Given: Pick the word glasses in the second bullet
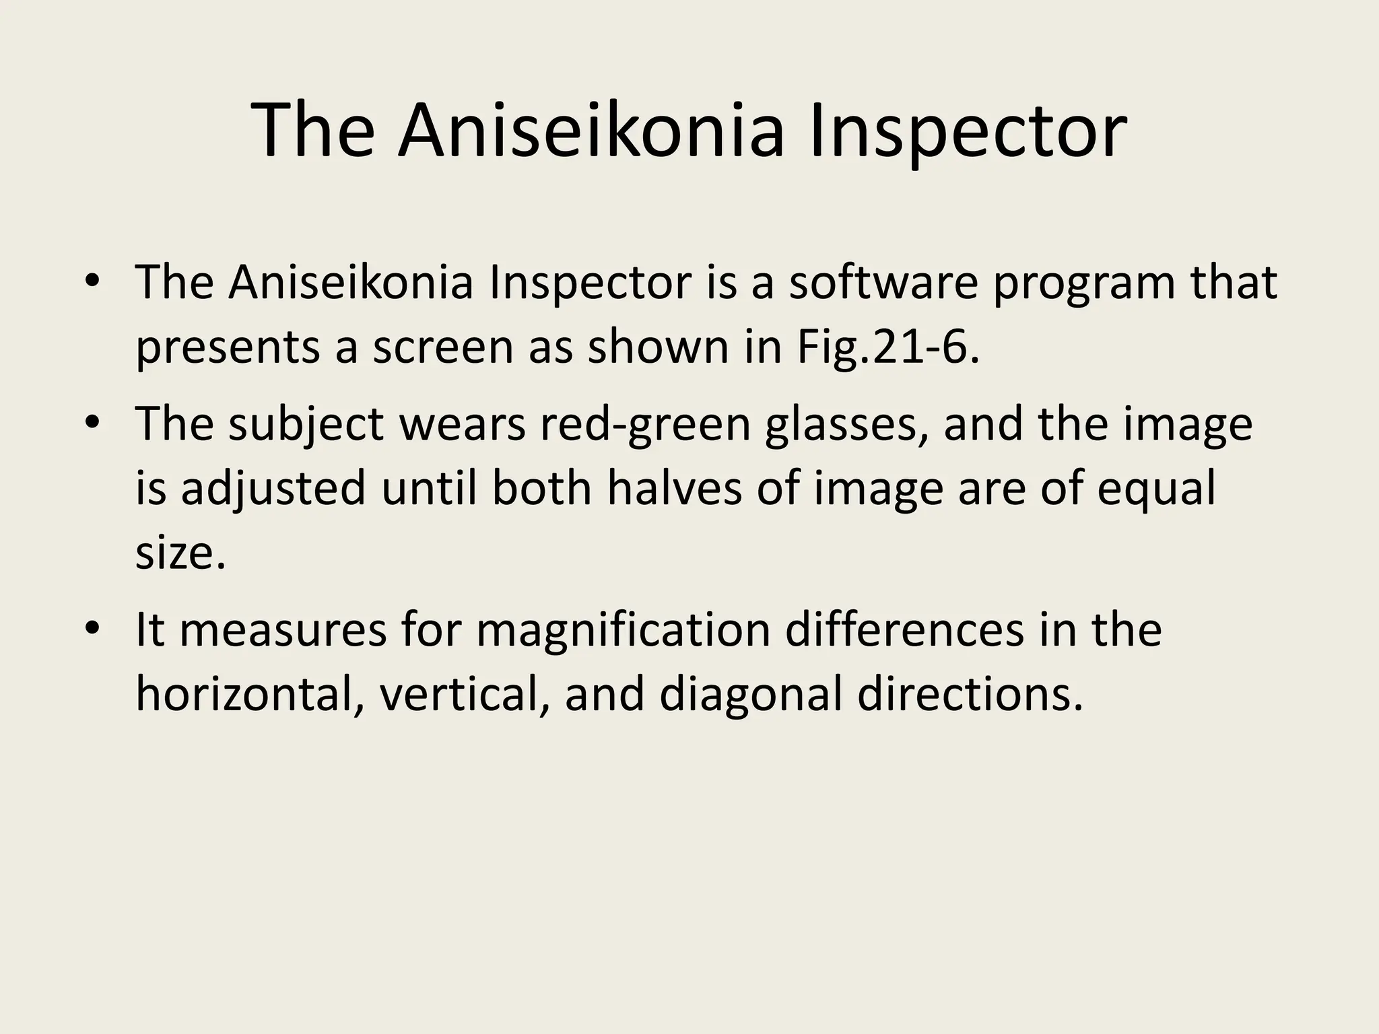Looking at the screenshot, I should pos(846,424).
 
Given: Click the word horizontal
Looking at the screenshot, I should pos(244,694).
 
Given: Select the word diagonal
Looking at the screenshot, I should pos(751,694).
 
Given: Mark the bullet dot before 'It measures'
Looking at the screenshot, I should pos(93,628).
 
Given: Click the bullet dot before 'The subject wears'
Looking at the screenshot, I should pos(93,423).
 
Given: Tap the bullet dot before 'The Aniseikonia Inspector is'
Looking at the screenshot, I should pos(93,281).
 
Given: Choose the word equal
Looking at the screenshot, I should pos(1156,488).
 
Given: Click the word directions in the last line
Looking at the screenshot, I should pos(970,694).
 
